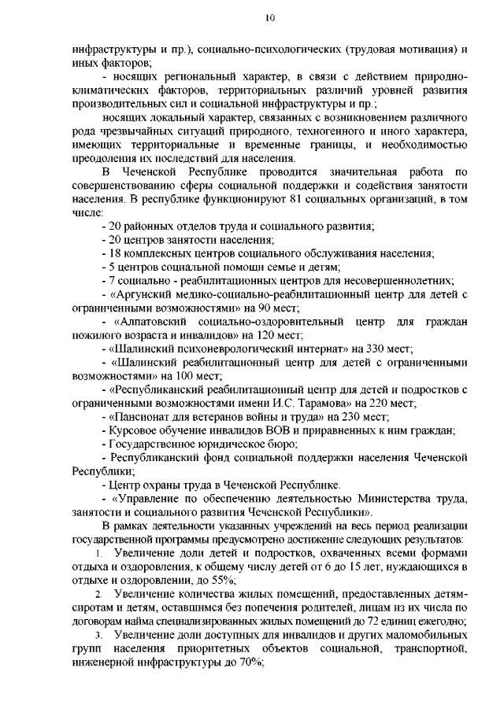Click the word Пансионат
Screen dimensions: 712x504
[148, 416]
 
